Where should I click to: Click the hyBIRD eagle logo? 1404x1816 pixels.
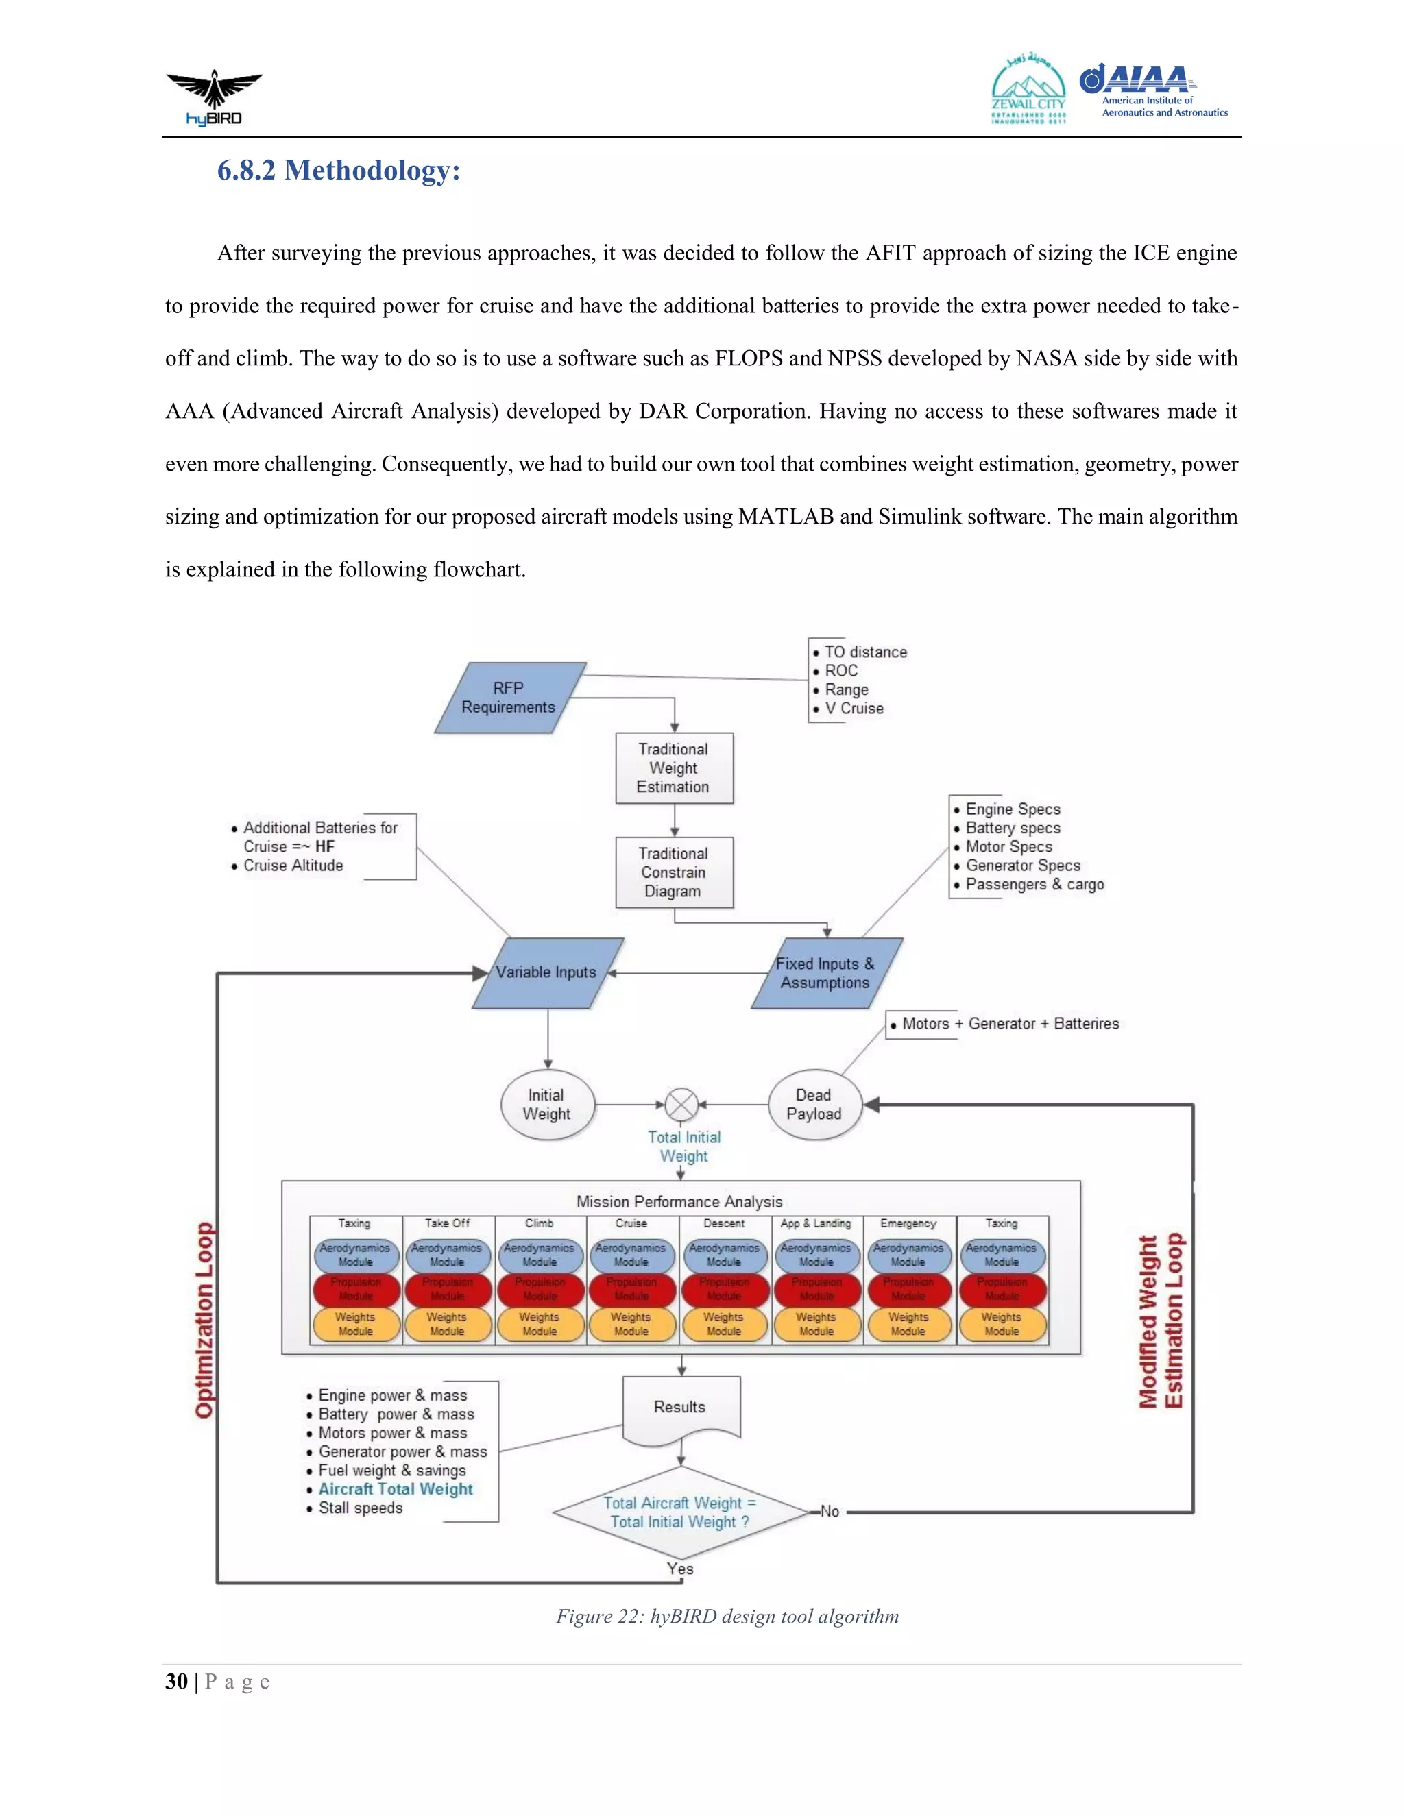214,97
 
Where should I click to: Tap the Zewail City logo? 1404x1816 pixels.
1028,90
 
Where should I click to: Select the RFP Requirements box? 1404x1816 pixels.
509,698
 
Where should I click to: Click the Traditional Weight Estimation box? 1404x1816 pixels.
674,768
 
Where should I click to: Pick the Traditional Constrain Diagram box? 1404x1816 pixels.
674,872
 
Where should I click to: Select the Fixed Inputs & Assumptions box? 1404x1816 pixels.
825,973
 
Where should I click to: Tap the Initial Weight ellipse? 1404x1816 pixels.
546,1104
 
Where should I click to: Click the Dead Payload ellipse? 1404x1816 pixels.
814,1104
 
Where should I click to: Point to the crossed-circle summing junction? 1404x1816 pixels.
682,1105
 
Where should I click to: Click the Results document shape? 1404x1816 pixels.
680,1408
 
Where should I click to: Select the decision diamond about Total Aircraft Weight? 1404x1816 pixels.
679,1512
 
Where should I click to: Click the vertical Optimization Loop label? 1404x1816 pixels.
204,1320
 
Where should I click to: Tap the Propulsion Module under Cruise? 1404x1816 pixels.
631,1289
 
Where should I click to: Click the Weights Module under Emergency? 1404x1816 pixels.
908,1324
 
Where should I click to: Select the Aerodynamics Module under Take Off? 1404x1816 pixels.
448,1255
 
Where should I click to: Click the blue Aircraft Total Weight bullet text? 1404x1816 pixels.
396,1489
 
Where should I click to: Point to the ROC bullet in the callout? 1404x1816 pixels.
841,671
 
